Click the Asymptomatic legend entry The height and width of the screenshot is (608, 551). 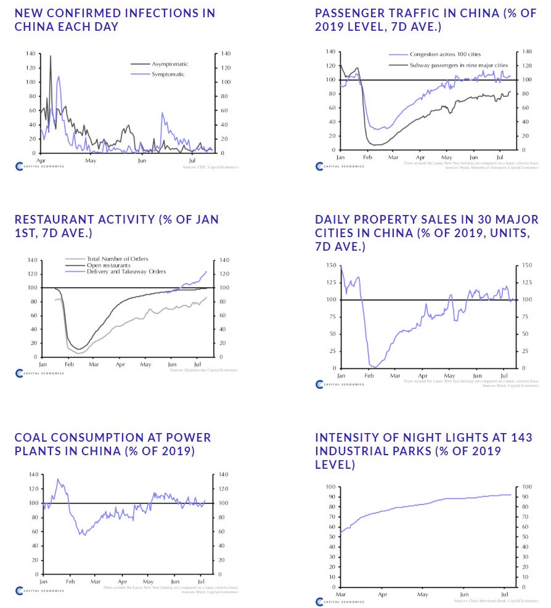coord(169,64)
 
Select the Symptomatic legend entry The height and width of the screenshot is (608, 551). coord(168,74)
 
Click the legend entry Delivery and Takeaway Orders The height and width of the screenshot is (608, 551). coord(126,272)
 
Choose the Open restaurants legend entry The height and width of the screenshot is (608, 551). coord(108,265)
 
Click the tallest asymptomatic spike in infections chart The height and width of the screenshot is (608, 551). coord(51,56)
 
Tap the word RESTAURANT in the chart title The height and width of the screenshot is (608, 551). coord(54,219)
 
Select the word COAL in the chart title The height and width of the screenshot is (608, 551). coord(31,437)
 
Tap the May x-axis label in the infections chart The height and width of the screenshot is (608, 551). coord(91,161)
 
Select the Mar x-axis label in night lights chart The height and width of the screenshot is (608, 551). coord(340,594)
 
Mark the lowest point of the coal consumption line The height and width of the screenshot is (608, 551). coord(83,535)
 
